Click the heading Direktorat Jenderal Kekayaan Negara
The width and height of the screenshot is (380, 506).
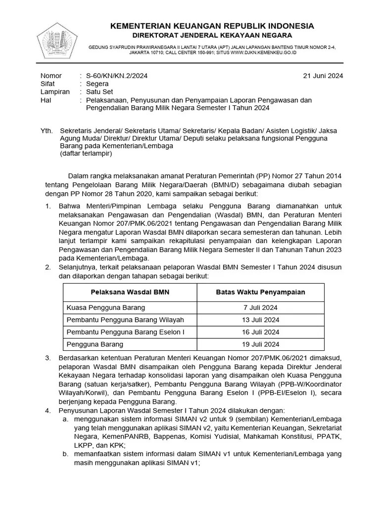point(212,35)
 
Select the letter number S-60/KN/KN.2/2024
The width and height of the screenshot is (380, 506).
point(116,76)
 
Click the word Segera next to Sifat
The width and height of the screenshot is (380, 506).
point(97,84)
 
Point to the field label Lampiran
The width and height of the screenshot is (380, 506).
point(54,92)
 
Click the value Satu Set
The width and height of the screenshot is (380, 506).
point(99,92)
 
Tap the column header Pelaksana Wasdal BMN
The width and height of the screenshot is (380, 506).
point(130,292)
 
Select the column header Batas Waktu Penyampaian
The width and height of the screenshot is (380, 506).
point(261,292)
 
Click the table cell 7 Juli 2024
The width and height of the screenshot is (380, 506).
point(261,307)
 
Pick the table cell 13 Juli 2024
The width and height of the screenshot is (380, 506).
point(261,320)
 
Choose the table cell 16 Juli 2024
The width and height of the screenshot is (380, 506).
point(261,332)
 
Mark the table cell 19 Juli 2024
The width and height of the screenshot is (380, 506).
point(261,344)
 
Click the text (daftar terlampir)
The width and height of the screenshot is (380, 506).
point(86,153)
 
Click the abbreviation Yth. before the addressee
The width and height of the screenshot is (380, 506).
point(46,131)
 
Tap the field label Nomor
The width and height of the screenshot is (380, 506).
point(51,76)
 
